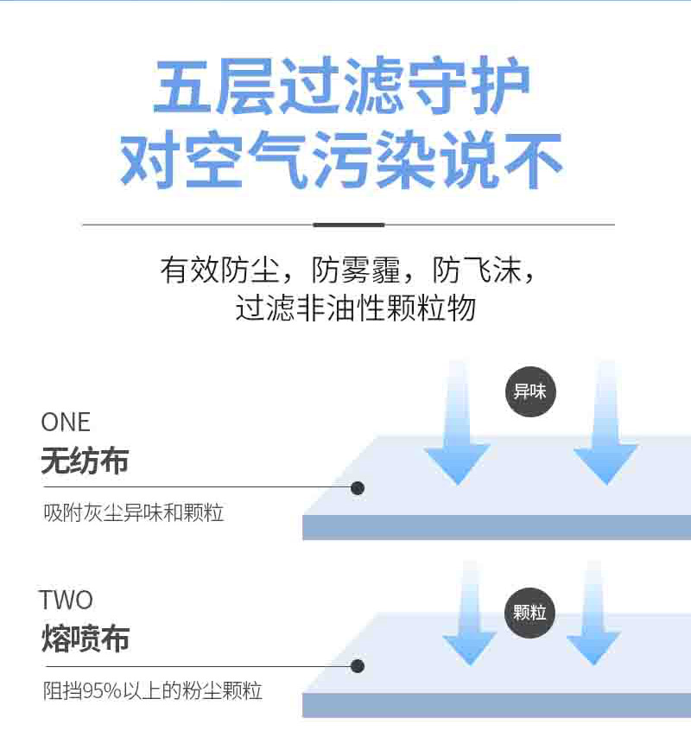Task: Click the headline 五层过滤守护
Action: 341,87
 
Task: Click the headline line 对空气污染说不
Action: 341,160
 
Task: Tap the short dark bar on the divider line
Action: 348,225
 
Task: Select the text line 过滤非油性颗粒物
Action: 355,308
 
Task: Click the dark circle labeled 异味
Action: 530,391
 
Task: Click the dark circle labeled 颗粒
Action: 529,613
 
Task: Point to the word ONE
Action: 66,423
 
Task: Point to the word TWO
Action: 66,600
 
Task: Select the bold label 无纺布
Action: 85,461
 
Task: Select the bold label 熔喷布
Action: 85,639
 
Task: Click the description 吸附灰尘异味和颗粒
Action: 134,512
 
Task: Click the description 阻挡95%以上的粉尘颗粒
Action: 153,691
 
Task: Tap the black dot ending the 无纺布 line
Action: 358,488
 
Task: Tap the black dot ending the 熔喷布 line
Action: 358,666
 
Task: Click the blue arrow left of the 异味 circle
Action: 457,432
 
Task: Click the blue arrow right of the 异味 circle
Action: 605,432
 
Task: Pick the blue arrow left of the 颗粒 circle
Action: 470,622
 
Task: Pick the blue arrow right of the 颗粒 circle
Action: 593,622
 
